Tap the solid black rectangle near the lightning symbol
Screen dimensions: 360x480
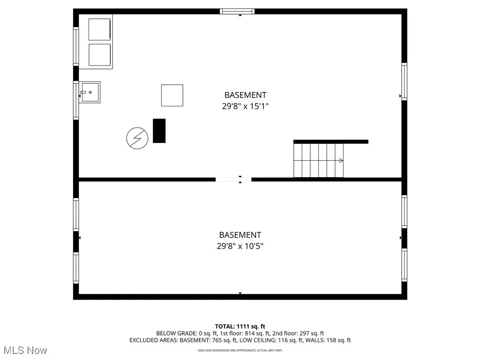coord(159,131)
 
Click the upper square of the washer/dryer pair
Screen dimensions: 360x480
coord(99,30)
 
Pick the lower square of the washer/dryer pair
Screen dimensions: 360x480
coord(99,55)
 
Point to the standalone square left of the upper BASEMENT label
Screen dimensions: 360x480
coord(172,96)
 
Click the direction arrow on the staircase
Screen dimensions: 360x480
coord(341,160)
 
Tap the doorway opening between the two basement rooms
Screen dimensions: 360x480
coord(233,179)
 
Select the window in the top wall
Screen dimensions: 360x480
coord(237,11)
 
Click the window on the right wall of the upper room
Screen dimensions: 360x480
coord(404,82)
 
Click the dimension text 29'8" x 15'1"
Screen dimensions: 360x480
coord(245,106)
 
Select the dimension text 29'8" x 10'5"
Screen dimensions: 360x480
coord(240,246)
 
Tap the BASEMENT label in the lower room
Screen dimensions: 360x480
coord(240,235)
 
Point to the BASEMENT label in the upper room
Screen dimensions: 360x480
coord(245,95)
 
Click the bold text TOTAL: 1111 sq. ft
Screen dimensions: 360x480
coord(240,326)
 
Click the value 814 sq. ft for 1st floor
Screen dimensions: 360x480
coord(256,333)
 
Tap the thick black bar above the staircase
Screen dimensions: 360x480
coord(330,142)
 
